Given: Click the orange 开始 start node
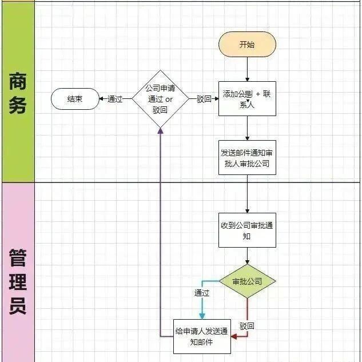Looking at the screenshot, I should click(x=247, y=44).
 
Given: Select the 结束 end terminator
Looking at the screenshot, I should click(x=74, y=99).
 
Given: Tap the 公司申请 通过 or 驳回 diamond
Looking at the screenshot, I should click(x=161, y=99).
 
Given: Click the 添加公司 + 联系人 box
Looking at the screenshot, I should click(x=247, y=98).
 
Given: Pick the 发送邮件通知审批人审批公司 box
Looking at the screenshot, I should click(x=247, y=157).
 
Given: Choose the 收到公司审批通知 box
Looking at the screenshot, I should click(x=247, y=230).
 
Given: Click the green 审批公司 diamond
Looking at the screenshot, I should click(x=247, y=281).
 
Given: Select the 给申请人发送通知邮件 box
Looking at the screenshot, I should click(x=202, y=336).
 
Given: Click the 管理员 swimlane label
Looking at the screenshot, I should click(x=17, y=281).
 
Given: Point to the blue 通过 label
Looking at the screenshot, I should click(x=202, y=293).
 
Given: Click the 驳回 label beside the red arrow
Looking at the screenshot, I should click(x=247, y=326).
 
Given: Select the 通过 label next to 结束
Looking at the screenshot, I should click(x=115, y=99).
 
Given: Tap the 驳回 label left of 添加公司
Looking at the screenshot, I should click(x=204, y=99).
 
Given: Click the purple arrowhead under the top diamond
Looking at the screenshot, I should click(x=161, y=131).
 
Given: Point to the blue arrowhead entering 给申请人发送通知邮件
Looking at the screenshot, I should click(x=202, y=315).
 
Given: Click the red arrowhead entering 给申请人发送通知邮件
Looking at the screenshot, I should click(x=233, y=336).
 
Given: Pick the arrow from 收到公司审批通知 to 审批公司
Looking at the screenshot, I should click(x=247, y=256).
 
